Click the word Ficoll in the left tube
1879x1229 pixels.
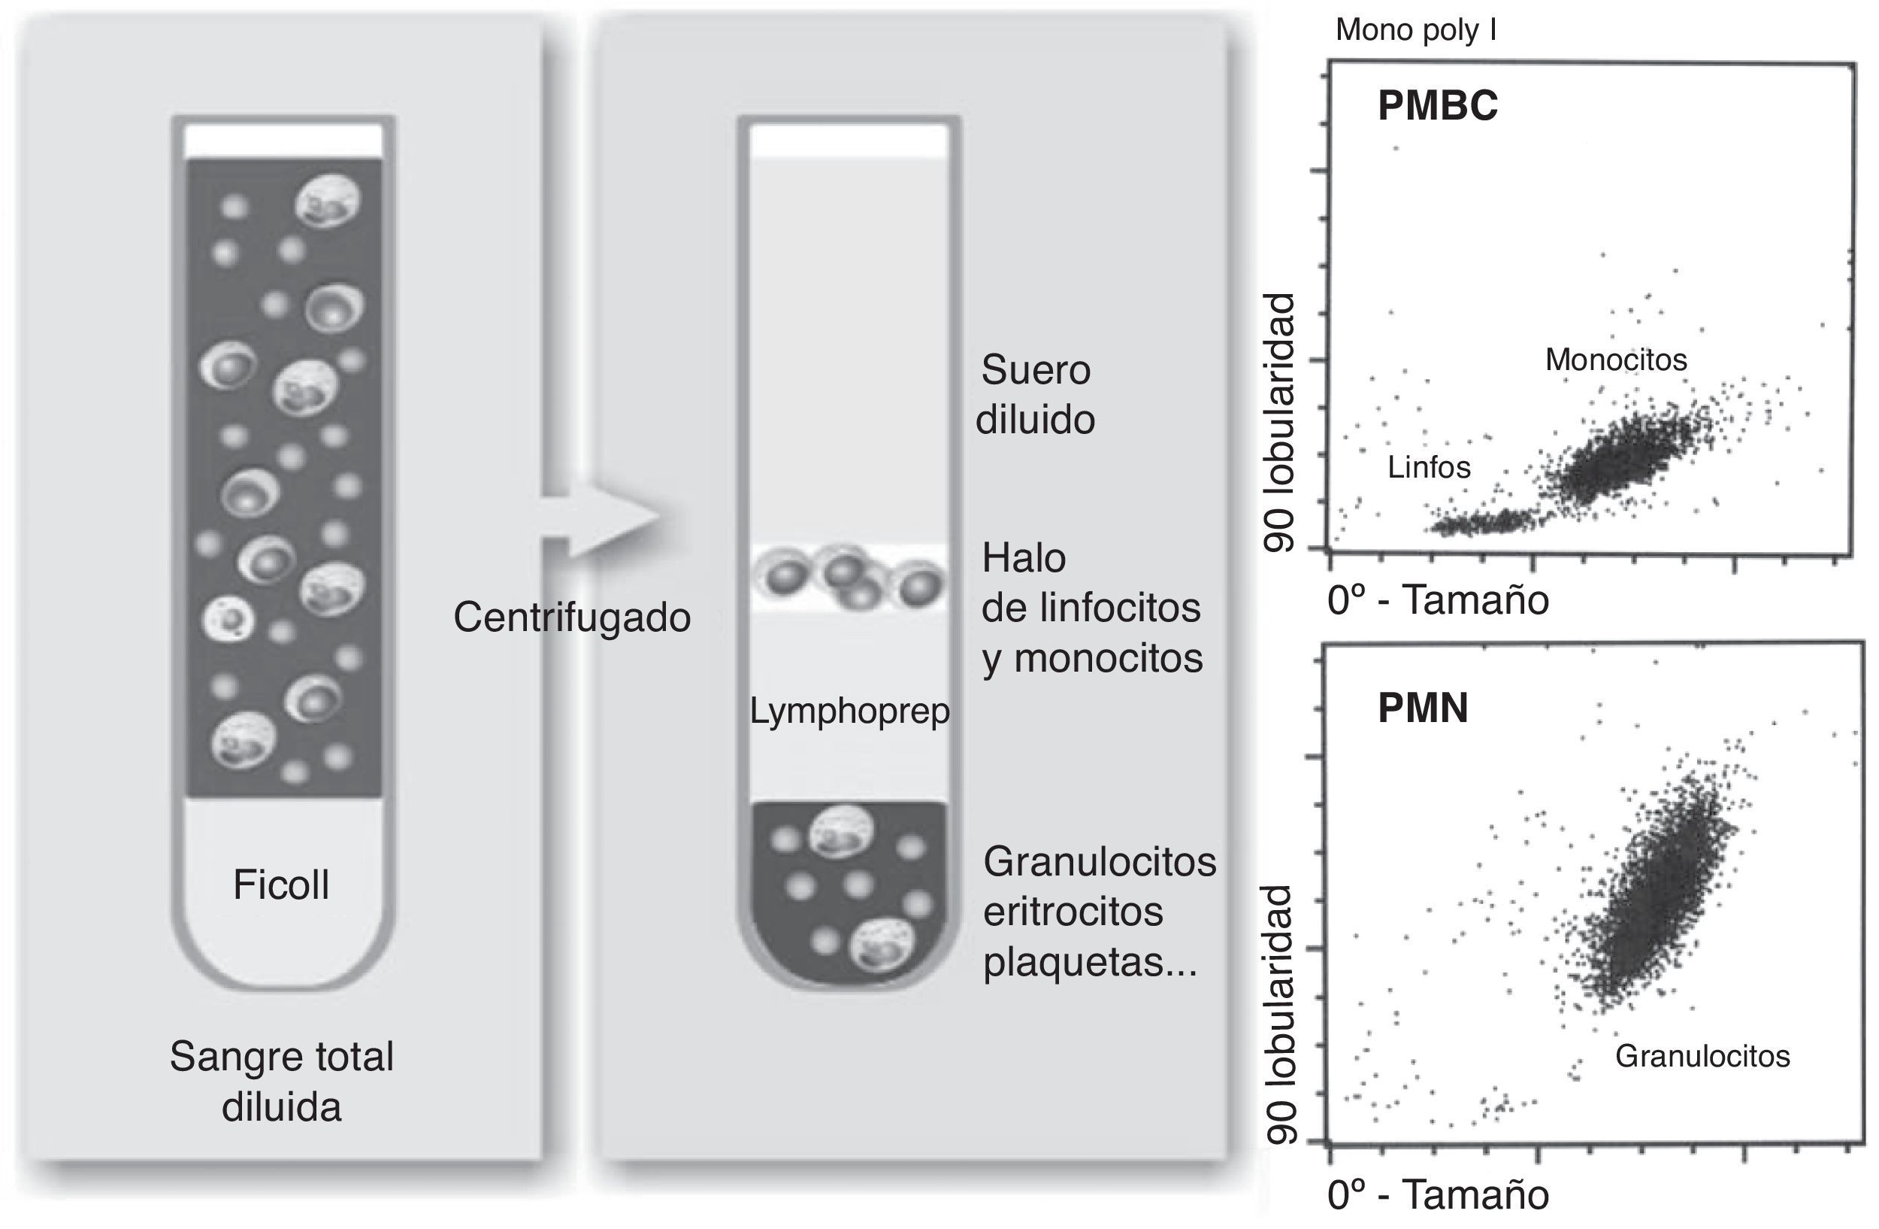[x=281, y=885]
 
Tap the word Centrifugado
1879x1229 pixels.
[x=572, y=617]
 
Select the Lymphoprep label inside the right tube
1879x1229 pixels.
[x=849, y=712]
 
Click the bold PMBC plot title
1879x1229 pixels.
[x=1437, y=105]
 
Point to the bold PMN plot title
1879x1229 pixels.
[x=1423, y=708]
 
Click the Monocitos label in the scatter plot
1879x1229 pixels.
[x=1616, y=360]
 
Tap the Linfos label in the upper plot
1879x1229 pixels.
[x=1429, y=468]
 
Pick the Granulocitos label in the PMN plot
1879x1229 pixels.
[x=1702, y=1056]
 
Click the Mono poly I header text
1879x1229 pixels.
[x=1415, y=30]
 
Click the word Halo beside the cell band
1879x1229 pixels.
[x=1024, y=559]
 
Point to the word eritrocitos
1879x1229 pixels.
[x=1073, y=912]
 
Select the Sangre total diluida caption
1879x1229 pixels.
[x=281, y=1082]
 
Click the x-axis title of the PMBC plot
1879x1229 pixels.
[x=1439, y=600]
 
